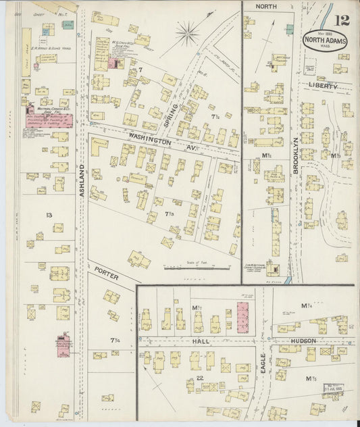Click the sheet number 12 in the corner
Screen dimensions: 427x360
[x=342, y=18]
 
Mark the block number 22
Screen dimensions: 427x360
[x=200, y=378]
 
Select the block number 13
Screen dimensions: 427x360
[x=49, y=215]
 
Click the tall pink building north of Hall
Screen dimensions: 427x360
[x=243, y=318]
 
